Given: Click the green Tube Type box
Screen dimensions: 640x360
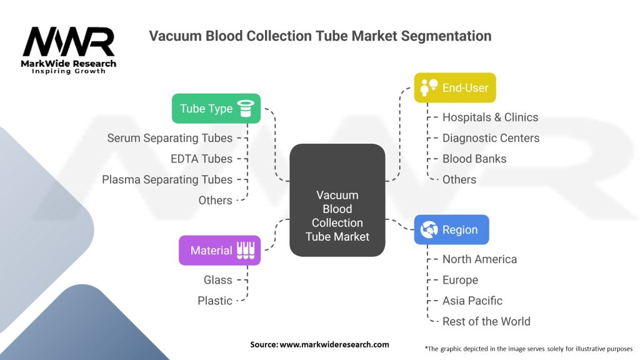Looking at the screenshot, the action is [x=216, y=109].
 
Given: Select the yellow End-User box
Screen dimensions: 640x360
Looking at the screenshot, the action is [x=455, y=87].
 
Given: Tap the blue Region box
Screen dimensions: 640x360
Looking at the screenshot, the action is [x=451, y=230].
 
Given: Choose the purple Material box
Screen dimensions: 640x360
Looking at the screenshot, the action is [x=219, y=250].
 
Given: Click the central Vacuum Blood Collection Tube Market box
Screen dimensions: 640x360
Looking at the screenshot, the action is [x=337, y=200].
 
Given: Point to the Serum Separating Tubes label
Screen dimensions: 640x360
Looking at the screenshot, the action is [x=170, y=138].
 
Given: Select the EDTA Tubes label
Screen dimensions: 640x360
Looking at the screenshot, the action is [x=202, y=159].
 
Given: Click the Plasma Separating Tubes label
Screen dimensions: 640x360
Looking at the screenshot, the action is [x=167, y=179].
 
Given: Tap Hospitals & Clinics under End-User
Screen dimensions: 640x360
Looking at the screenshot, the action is [x=490, y=117].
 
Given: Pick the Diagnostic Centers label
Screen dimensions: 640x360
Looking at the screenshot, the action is [x=491, y=138].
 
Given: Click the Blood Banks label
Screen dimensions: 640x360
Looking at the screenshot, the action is [x=474, y=159].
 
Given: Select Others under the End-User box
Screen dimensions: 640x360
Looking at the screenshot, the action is [x=459, y=179].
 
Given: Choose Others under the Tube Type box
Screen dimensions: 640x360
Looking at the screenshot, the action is [x=215, y=201].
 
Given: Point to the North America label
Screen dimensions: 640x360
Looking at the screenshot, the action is [x=479, y=259].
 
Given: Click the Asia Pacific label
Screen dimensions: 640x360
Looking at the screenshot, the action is [x=472, y=301].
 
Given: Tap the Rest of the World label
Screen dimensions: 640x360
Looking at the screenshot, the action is [x=486, y=322].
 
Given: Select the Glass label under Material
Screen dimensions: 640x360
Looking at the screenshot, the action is [x=218, y=280].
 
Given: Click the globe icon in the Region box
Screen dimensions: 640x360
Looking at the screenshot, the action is [x=429, y=230].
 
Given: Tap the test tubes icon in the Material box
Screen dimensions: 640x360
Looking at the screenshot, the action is [x=246, y=250].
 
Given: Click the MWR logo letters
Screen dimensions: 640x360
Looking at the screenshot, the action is [x=69, y=42].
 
